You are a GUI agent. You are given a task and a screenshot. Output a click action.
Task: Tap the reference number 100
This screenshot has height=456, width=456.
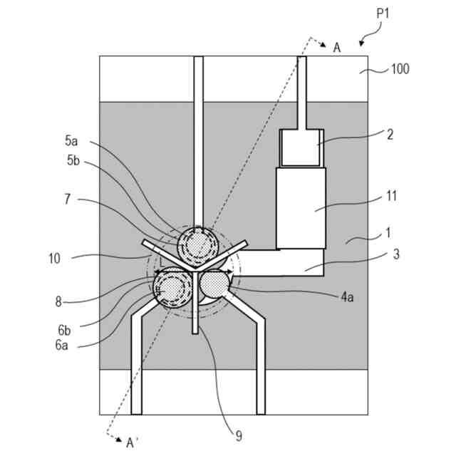click(x=400, y=70)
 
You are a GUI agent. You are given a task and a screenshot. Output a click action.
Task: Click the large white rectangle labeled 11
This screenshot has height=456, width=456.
click(x=301, y=207)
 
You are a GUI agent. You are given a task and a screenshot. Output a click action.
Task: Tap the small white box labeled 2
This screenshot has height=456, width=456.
click(x=301, y=150)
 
